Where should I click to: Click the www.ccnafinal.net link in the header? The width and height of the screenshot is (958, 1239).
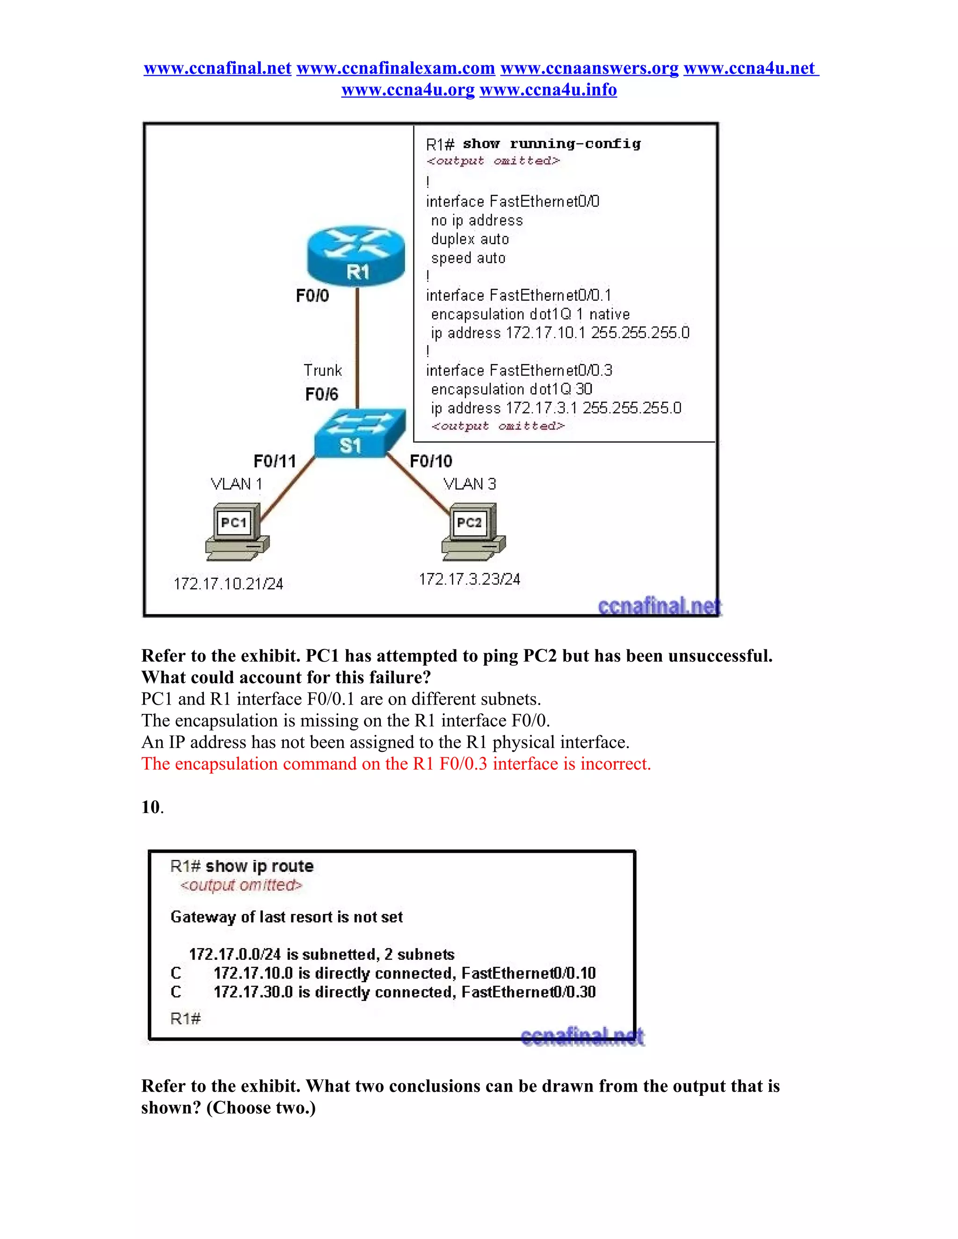(x=218, y=68)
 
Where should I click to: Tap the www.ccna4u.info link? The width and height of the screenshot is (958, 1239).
(x=548, y=90)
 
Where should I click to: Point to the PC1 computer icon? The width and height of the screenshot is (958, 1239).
(x=237, y=531)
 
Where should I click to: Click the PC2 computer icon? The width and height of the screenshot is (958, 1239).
(x=473, y=531)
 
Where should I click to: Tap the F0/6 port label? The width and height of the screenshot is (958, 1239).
(x=321, y=394)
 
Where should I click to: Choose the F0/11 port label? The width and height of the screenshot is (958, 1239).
(x=275, y=461)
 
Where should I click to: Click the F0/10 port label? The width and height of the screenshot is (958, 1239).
(x=431, y=461)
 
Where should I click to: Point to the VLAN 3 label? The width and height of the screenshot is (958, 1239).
(x=469, y=484)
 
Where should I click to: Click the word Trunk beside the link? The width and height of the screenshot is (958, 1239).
(x=322, y=370)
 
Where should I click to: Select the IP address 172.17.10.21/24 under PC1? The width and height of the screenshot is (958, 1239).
(x=228, y=584)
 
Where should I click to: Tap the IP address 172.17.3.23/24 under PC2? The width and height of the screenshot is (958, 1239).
(x=469, y=579)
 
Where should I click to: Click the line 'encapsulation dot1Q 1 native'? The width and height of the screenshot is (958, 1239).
(x=530, y=314)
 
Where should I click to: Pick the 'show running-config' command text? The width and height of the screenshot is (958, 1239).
(x=552, y=144)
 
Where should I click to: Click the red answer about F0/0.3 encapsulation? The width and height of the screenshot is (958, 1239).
(x=396, y=764)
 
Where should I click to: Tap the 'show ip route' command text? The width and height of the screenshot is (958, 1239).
(x=259, y=866)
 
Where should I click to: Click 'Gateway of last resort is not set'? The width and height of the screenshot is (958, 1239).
(x=287, y=917)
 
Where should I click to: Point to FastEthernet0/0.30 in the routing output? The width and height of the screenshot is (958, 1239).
(x=529, y=992)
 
